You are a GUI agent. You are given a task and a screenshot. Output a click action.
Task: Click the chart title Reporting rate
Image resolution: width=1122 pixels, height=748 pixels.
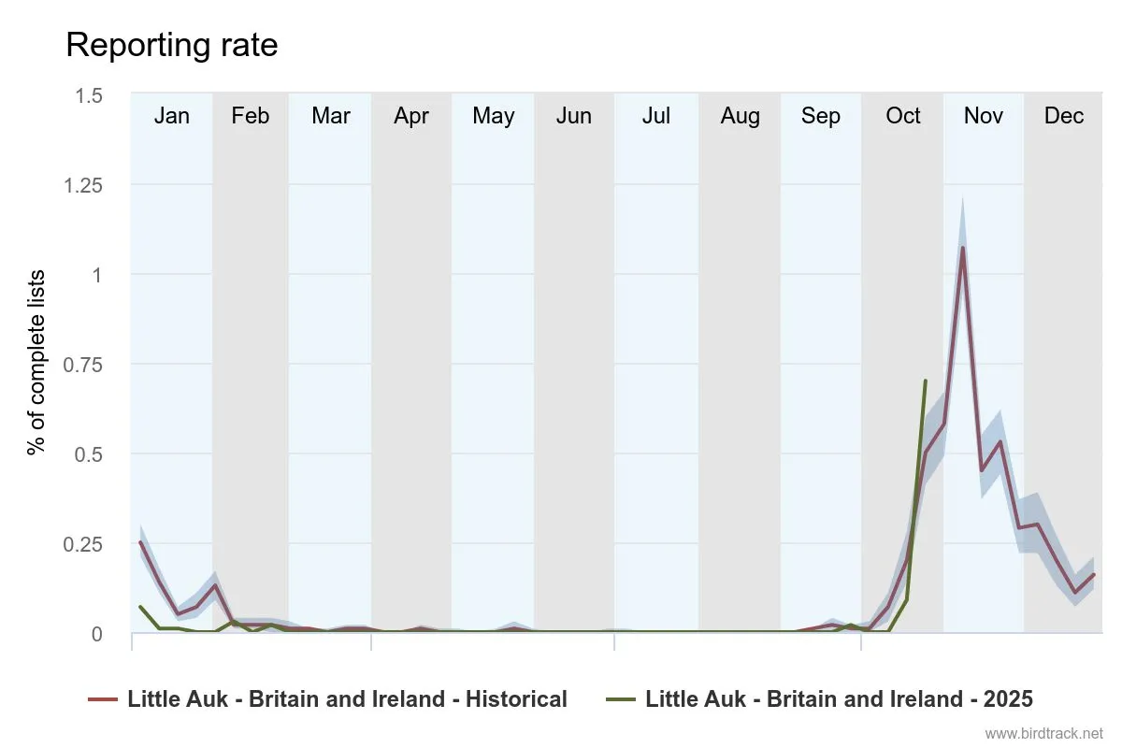171,45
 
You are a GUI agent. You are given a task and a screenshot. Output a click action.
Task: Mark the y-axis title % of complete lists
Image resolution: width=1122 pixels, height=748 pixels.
36,362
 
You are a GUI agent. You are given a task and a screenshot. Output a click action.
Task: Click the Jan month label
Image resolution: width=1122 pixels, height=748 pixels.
171,116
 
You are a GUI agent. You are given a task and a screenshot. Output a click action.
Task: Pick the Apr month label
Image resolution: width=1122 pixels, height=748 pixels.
411,116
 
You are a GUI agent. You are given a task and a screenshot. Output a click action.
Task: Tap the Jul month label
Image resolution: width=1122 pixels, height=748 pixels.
655,116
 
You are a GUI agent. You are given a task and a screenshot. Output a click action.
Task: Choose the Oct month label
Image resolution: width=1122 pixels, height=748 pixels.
903,116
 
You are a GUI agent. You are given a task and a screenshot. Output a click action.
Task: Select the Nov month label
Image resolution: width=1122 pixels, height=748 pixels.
984,116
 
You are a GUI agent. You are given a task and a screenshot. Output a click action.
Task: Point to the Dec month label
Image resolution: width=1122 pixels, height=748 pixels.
1064,116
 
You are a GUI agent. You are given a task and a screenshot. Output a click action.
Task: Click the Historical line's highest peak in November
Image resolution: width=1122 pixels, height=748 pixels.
962,248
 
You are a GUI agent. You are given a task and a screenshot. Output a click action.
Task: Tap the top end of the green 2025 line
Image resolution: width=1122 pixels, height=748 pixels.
925,381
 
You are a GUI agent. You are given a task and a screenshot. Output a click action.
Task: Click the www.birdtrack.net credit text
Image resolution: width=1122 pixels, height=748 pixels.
1044,733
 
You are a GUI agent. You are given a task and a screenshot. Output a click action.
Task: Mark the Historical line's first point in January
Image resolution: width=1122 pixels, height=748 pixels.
140,542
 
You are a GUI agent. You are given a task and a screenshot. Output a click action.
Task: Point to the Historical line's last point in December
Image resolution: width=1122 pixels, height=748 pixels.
1093,574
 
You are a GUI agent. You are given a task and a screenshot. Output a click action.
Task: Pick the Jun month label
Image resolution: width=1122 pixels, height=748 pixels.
574,116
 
